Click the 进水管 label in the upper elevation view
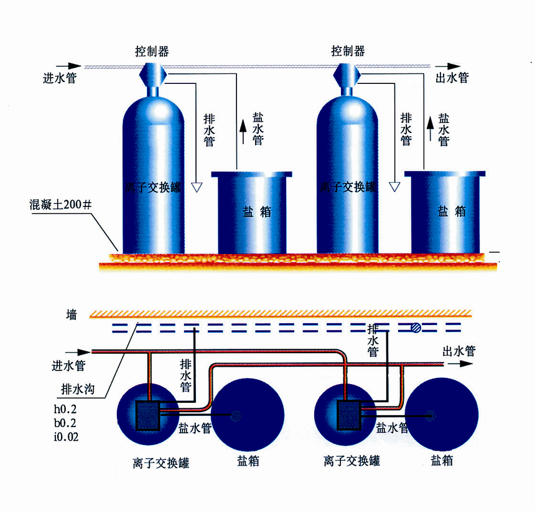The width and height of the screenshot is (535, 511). pos(59,79)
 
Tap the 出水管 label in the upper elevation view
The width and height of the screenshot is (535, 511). pos(450,78)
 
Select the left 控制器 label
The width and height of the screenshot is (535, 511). pos(152,51)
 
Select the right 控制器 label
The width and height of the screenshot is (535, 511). pos(348,51)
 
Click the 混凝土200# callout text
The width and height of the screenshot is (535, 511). pos(60,203)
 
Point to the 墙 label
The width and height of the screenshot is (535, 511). pos(72,315)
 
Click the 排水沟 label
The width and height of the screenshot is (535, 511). pos(76,390)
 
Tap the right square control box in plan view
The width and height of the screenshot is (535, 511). pos(350,415)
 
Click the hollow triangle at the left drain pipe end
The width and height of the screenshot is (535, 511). pos(197,186)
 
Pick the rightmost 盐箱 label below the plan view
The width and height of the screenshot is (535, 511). pos(442,461)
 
